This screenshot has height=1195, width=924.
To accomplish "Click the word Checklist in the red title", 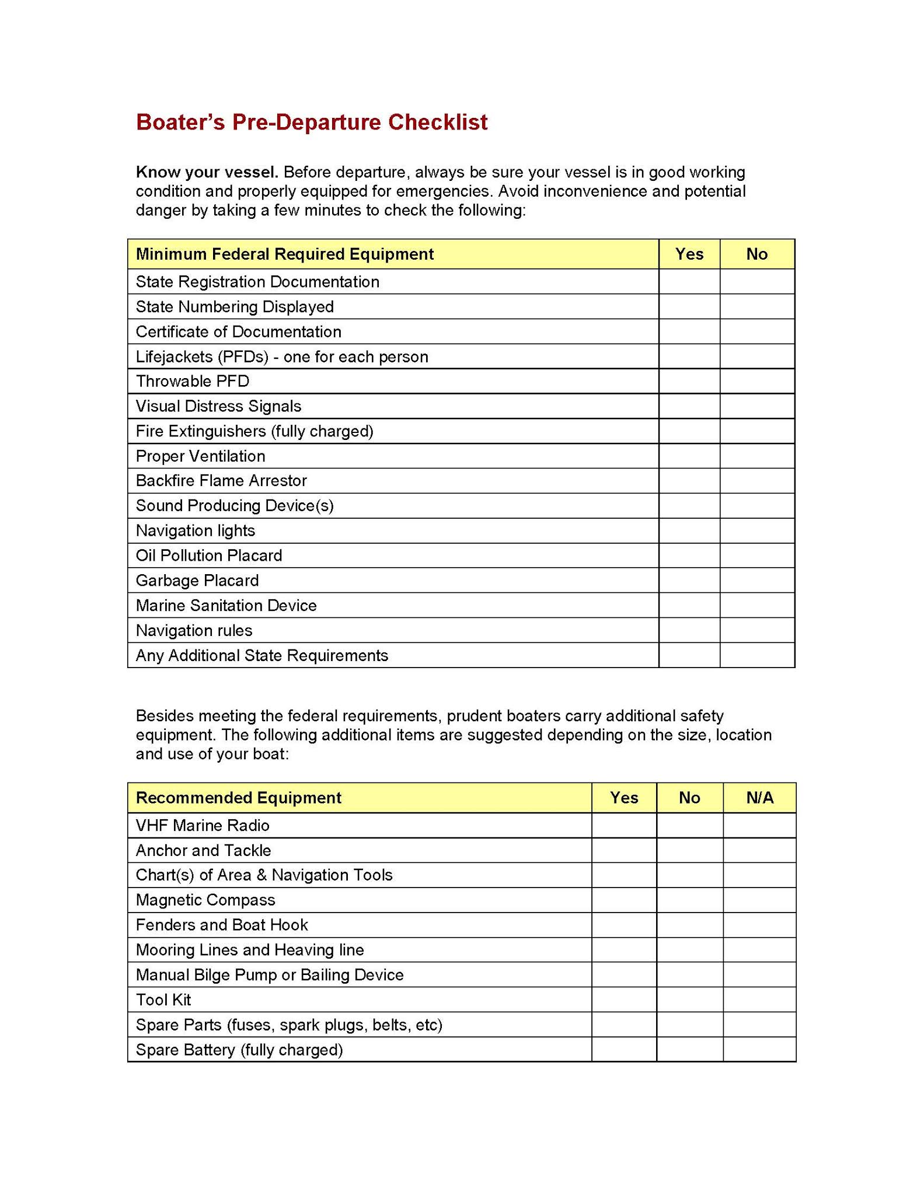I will (x=438, y=123).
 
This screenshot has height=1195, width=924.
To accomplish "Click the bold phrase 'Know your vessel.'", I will (x=207, y=172).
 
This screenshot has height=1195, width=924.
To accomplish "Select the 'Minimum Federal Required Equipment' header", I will (x=284, y=254).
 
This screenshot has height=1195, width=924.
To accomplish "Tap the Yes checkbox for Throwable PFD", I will (x=689, y=382).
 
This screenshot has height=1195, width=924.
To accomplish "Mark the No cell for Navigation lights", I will (x=757, y=531).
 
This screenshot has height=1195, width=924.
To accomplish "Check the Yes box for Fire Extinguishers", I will (x=689, y=431).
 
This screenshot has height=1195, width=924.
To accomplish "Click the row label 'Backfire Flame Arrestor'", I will (x=221, y=481).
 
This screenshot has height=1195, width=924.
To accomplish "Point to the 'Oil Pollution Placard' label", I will (x=208, y=555).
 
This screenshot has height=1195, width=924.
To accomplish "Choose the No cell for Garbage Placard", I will (x=757, y=581).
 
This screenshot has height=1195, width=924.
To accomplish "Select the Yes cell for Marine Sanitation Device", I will (x=689, y=606).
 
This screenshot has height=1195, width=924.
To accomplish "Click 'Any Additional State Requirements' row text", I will (x=261, y=656).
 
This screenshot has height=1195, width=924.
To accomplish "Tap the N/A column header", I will (x=759, y=798).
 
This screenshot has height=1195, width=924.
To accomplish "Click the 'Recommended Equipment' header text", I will (x=238, y=798).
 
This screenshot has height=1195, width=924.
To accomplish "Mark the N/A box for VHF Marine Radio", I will (x=759, y=826).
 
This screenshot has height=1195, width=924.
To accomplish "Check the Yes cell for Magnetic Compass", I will (x=623, y=900).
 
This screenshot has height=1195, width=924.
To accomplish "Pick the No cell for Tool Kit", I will (x=689, y=1000).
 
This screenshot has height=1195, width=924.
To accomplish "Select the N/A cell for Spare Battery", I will (x=759, y=1050).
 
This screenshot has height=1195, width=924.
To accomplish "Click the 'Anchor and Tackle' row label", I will (x=203, y=851).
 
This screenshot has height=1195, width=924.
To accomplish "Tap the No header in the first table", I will (x=757, y=254).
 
